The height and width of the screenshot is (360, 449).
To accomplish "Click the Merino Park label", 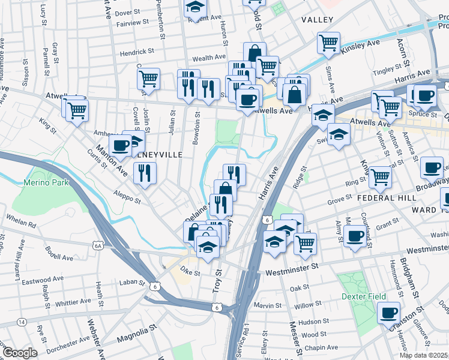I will pyautogui.click(x=43, y=182).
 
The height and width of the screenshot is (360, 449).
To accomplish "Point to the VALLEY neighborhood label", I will pyautogui.click(x=317, y=20).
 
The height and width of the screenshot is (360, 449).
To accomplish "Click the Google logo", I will pyautogui.click(x=20, y=353).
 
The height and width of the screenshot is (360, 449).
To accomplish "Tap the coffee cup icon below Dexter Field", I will pyautogui.click(x=388, y=313).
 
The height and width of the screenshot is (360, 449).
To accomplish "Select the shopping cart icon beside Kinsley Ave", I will pyautogui.click(x=328, y=43).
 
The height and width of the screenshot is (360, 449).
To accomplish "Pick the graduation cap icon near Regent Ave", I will pyautogui.click(x=194, y=7).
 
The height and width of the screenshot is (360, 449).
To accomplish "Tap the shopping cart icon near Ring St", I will pyautogui.click(x=380, y=177).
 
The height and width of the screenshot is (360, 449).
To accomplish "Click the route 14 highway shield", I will pyautogui.click(x=22, y=322).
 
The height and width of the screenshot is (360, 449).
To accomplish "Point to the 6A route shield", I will pyautogui.click(x=98, y=245).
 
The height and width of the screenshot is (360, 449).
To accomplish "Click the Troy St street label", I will pyautogui.click(x=218, y=281).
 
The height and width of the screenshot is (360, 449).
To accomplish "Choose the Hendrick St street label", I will pyautogui.click(x=137, y=52).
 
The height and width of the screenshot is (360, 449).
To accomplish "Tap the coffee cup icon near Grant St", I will pyautogui.click(x=355, y=235).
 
